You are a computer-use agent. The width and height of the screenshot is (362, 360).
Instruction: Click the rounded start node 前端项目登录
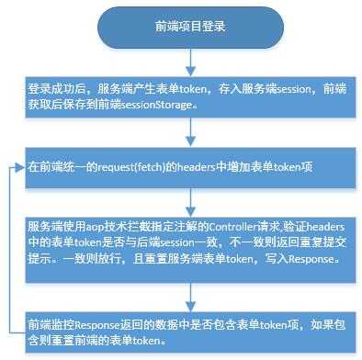[188, 29]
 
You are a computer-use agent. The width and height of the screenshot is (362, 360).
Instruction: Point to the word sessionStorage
[172, 106]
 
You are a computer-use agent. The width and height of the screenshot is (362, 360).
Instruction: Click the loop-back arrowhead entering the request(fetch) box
[19, 168]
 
